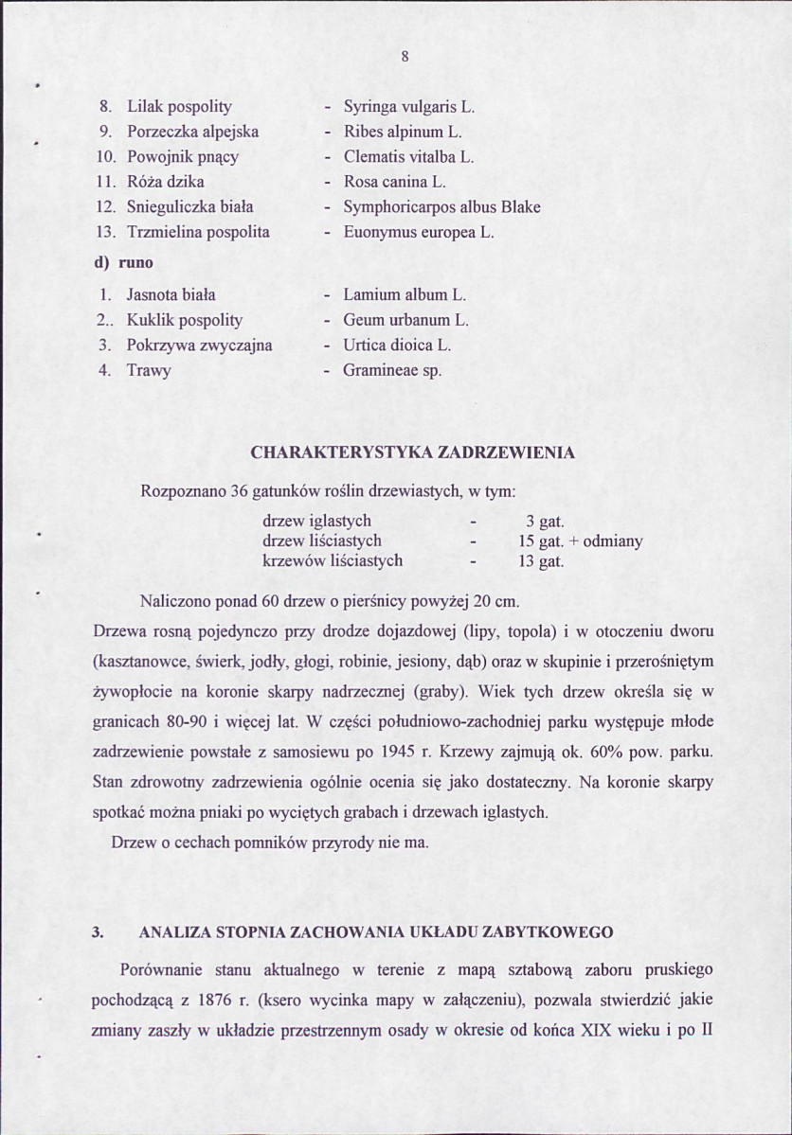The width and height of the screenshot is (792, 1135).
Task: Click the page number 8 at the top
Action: pos(405,56)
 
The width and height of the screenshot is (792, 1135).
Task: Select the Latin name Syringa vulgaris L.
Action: pos(408,107)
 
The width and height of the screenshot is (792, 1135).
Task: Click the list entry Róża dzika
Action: pos(166,181)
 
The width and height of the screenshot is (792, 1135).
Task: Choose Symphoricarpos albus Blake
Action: pos(441,206)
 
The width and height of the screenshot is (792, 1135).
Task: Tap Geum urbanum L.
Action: pos(406,320)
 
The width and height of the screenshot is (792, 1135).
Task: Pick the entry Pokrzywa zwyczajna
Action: pos(199,345)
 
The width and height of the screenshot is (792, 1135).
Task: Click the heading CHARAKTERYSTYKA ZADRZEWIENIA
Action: pos(413,453)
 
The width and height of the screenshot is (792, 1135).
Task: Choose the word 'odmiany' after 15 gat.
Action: pos(613,541)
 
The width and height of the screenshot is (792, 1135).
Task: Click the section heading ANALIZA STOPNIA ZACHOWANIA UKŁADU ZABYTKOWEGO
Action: pos(376,931)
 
